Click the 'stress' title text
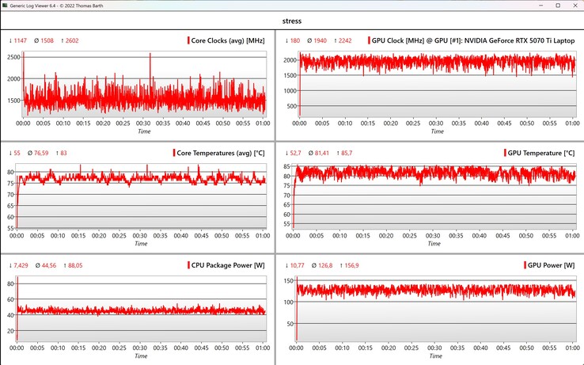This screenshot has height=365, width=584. [292, 21]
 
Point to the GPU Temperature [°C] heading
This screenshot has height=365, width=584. [542, 153]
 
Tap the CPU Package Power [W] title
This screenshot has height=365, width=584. [226, 264]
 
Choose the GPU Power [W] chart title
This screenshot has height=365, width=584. [552, 264]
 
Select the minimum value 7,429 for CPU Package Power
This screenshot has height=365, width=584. [18, 264]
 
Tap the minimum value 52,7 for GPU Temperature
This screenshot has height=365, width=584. [294, 153]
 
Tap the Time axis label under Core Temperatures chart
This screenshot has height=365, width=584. [141, 243]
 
